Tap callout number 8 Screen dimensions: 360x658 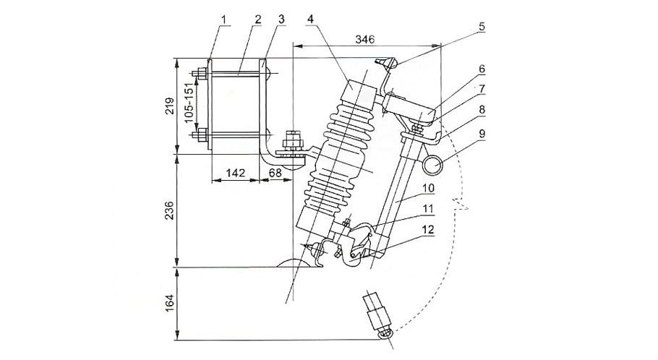pyautogui.click(x=482, y=109)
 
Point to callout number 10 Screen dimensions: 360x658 pyautogui.click(x=428, y=188)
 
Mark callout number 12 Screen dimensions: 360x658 pyautogui.click(x=428, y=230)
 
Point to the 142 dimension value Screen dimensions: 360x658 pyautogui.click(x=235, y=173)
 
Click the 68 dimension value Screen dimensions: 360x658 pyautogui.click(x=276, y=173)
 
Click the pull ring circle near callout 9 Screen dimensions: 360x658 pyautogui.click(x=434, y=166)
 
